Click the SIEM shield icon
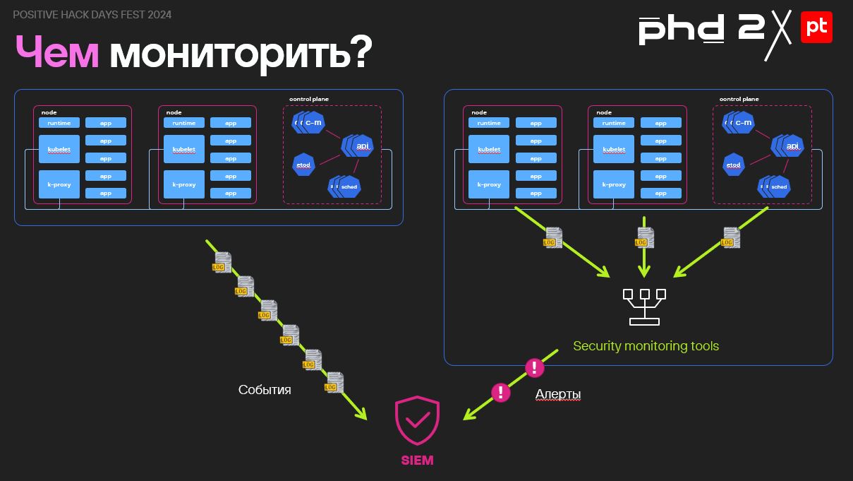tap(417, 422)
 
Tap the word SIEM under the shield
tap(417, 461)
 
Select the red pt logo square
tap(816, 27)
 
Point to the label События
tap(265, 390)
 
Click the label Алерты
tap(558, 394)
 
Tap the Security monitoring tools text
tap(646, 346)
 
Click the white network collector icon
tap(644, 307)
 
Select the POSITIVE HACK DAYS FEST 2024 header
tap(92, 15)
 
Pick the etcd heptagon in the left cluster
tap(303, 165)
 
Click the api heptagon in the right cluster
tap(792, 146)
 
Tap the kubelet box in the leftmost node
tap(59, 150)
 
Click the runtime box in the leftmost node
tap(59, 123)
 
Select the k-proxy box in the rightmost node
tap(613, 184)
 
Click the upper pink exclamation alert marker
tap(535, 367)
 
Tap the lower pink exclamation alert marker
tap(500, 392)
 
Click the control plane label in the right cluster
tap(739, 100)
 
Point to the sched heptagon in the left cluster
tap(349, 186)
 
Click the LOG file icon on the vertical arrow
tap(643, 237)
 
